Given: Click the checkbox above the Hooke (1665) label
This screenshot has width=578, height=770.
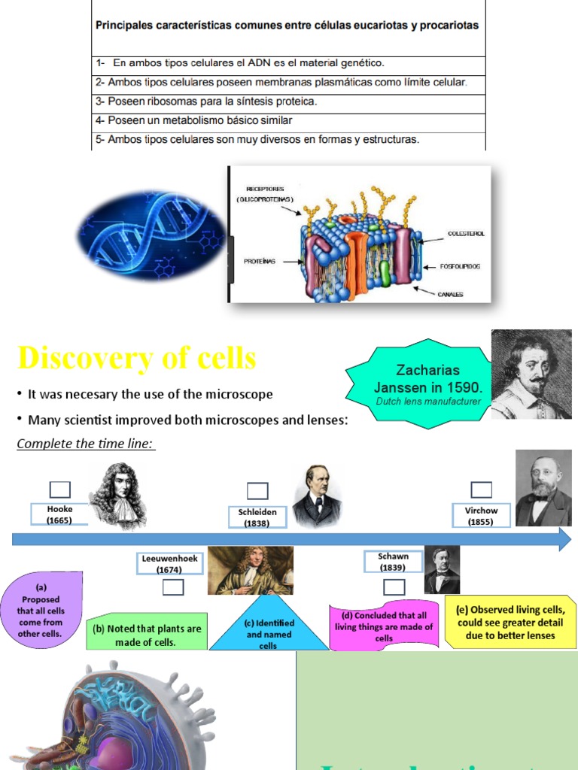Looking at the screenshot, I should point(60,490).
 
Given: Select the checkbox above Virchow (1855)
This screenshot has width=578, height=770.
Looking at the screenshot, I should point(482,490).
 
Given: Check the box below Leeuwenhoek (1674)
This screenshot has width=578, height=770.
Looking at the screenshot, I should point(172,587).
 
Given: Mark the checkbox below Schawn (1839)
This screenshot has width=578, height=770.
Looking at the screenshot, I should point(394,587).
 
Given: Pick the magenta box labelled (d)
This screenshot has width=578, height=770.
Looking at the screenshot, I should point(384,626).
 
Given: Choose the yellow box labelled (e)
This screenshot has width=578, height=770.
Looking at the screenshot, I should point(510,623).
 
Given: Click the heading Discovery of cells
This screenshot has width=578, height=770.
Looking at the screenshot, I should point(137,359).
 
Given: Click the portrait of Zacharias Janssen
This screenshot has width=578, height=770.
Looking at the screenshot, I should point(531,374).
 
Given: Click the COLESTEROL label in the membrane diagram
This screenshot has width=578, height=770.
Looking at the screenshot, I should point(466,234).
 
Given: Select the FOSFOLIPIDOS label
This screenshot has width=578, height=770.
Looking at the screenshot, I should point(460,267).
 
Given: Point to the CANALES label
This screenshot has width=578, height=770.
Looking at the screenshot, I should point(450,294).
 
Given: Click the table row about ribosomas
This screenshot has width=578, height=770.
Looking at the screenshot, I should point(288,102).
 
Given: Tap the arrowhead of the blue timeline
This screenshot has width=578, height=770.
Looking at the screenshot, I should point(564,539).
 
